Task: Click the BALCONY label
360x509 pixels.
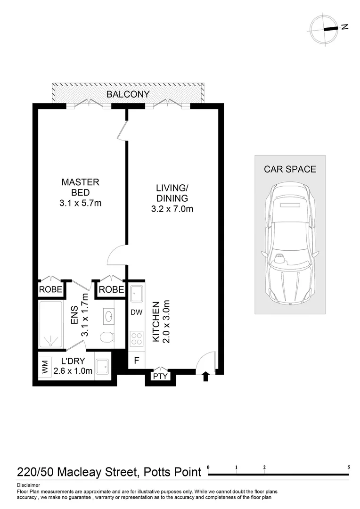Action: click(128, 94)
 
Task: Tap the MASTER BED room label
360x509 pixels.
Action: click(80, 187)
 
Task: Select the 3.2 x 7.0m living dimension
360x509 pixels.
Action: click(172, 209)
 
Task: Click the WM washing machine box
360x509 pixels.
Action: click(45, 366)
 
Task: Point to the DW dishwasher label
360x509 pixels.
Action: click(137, 312)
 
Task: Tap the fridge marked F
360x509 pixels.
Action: click(137, 361)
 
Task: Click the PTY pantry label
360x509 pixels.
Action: click(160, 376)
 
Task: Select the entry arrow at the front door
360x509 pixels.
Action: click(205, 377)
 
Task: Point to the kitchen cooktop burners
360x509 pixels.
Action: click(137, 338)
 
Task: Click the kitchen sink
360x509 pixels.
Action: click(137, 294)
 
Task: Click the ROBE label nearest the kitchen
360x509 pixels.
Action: click(111, 289)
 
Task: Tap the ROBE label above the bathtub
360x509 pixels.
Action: click(50, 289)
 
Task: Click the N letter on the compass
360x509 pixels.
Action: click(345, 27)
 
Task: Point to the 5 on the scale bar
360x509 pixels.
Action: click(349, 468)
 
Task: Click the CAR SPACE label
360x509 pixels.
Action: click(290, 169)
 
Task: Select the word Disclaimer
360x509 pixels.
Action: click(29, 485)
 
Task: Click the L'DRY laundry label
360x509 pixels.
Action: click(73, 361)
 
